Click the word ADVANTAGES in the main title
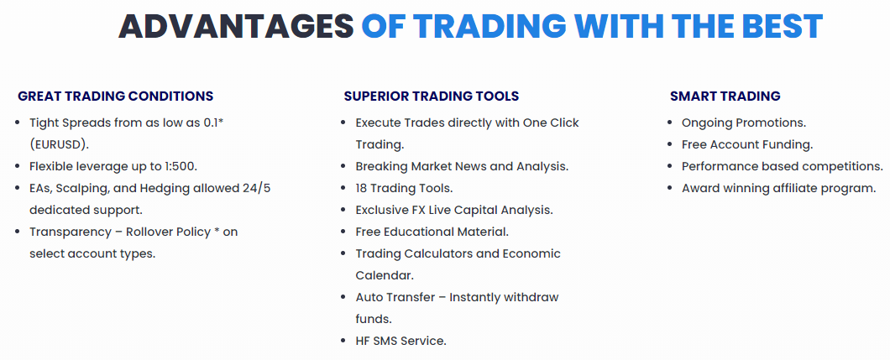click(x=236, y=25)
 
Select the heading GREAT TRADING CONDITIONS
click(x=116, y=97)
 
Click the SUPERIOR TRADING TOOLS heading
click(x=432, y=97)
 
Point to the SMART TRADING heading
click(x=725, y=97)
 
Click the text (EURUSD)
click(x=60, y=144)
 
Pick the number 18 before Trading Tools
click(x=362, y=188)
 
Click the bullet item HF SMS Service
click(x=400, y=342)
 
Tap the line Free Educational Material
click(x=432, y=232)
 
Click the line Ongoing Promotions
click(x=744, y=123)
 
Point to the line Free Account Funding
click(x=747, y=144)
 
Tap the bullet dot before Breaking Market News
click(x=343, y=167)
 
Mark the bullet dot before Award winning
click(x=670, y=188)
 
